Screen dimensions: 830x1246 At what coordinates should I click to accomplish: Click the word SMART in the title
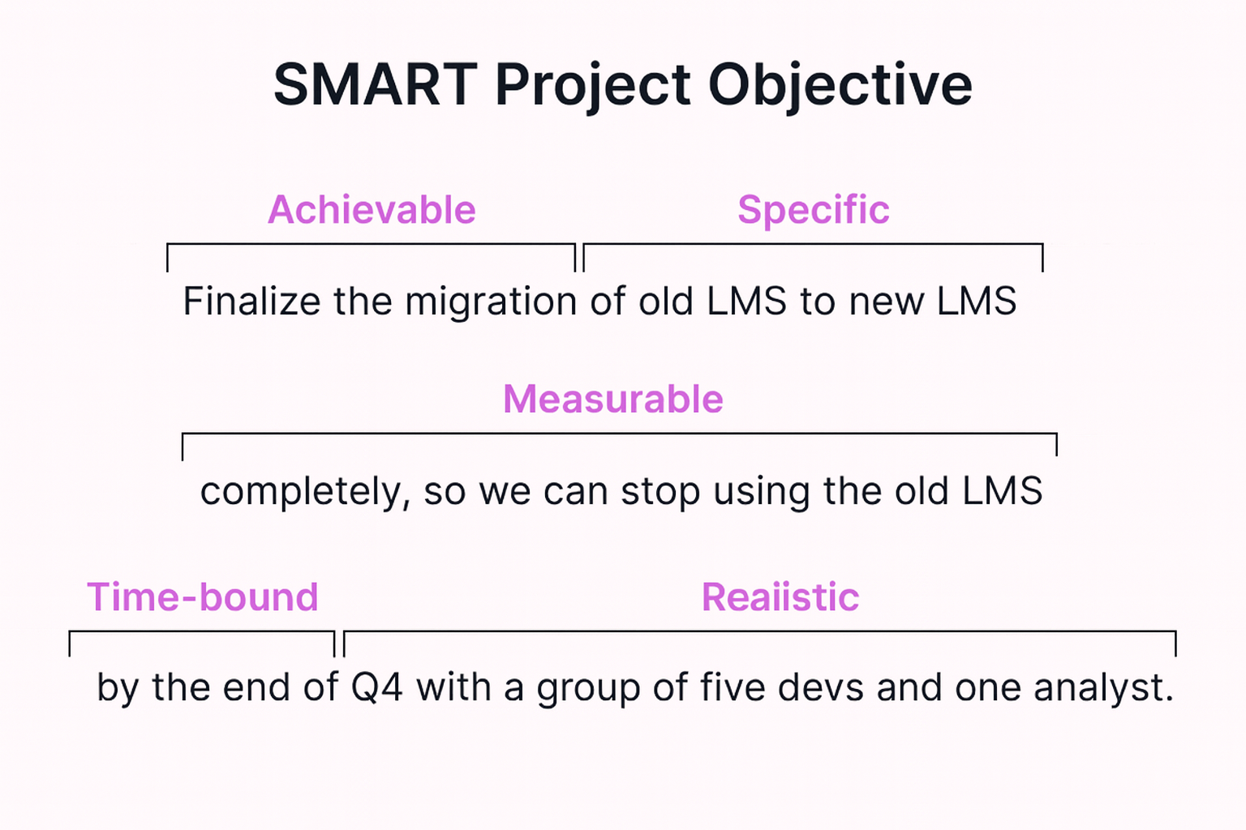coord(375,85)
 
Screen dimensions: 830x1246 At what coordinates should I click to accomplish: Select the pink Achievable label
coord(372,210)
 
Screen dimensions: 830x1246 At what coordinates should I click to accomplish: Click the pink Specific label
coord(813,210)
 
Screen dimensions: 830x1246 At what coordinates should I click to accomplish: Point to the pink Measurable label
coord(612,400)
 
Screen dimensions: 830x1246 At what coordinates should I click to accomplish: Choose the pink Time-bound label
coord(202,597)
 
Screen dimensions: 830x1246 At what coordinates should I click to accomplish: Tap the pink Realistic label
coord(780,597)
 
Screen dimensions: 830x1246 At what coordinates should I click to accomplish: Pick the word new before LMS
coord(887,302)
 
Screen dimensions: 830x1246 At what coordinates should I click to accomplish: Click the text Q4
coord(376,688)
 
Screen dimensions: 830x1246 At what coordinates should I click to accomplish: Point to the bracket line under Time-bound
coord(202,631)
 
